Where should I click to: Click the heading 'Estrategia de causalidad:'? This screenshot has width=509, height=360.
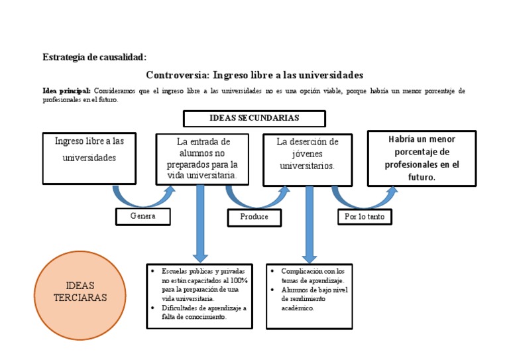pos(94,57)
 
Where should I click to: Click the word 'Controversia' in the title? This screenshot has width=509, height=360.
pos(176,75)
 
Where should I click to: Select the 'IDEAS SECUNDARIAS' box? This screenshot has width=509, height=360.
pos(254,119)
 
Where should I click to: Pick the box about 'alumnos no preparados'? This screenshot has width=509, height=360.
pos(202,159)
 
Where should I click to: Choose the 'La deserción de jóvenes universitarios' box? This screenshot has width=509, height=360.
pos(307,160)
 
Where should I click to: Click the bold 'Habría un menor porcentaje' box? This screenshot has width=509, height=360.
pos(422,158)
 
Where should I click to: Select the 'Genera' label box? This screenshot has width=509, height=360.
pos(143,216)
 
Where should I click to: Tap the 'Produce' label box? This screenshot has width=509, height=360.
pos(254,217)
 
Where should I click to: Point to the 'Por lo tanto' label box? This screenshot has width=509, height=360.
pos(365,216)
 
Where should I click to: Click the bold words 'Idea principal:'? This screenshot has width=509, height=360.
pos(67,90)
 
